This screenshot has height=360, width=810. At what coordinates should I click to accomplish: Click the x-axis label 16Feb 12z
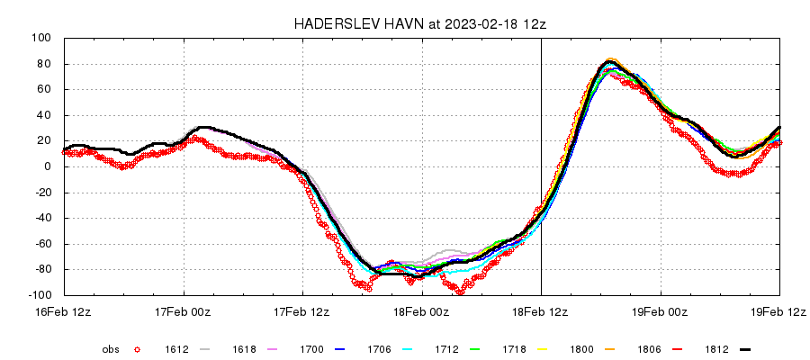64,311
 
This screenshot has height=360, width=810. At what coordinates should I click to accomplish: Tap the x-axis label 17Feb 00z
184,311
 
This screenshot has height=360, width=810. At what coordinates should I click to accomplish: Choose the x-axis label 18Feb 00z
422,311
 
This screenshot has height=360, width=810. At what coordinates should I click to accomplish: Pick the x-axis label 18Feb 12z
541,311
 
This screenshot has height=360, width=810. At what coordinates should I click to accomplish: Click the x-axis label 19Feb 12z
779,311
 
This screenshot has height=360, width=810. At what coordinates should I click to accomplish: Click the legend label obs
111,348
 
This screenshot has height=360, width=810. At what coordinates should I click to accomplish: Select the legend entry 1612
175,348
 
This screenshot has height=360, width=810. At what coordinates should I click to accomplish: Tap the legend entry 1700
312,348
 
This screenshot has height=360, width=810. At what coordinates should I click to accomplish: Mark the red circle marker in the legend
137,348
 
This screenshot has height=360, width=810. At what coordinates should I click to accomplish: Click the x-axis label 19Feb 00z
661,311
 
